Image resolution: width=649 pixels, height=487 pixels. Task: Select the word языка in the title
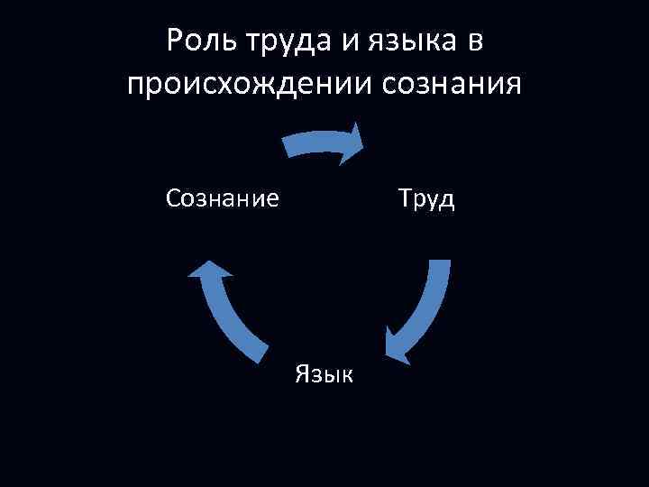tap(407, 44)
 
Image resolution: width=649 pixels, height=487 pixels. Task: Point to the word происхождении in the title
tap(250, 87)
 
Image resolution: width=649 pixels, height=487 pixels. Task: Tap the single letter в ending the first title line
tap(474, 43)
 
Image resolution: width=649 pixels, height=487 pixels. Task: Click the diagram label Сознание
tap(223, 198)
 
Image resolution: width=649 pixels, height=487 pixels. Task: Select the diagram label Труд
tap(426, 198)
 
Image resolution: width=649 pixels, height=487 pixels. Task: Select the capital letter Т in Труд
tap(405, 198)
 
